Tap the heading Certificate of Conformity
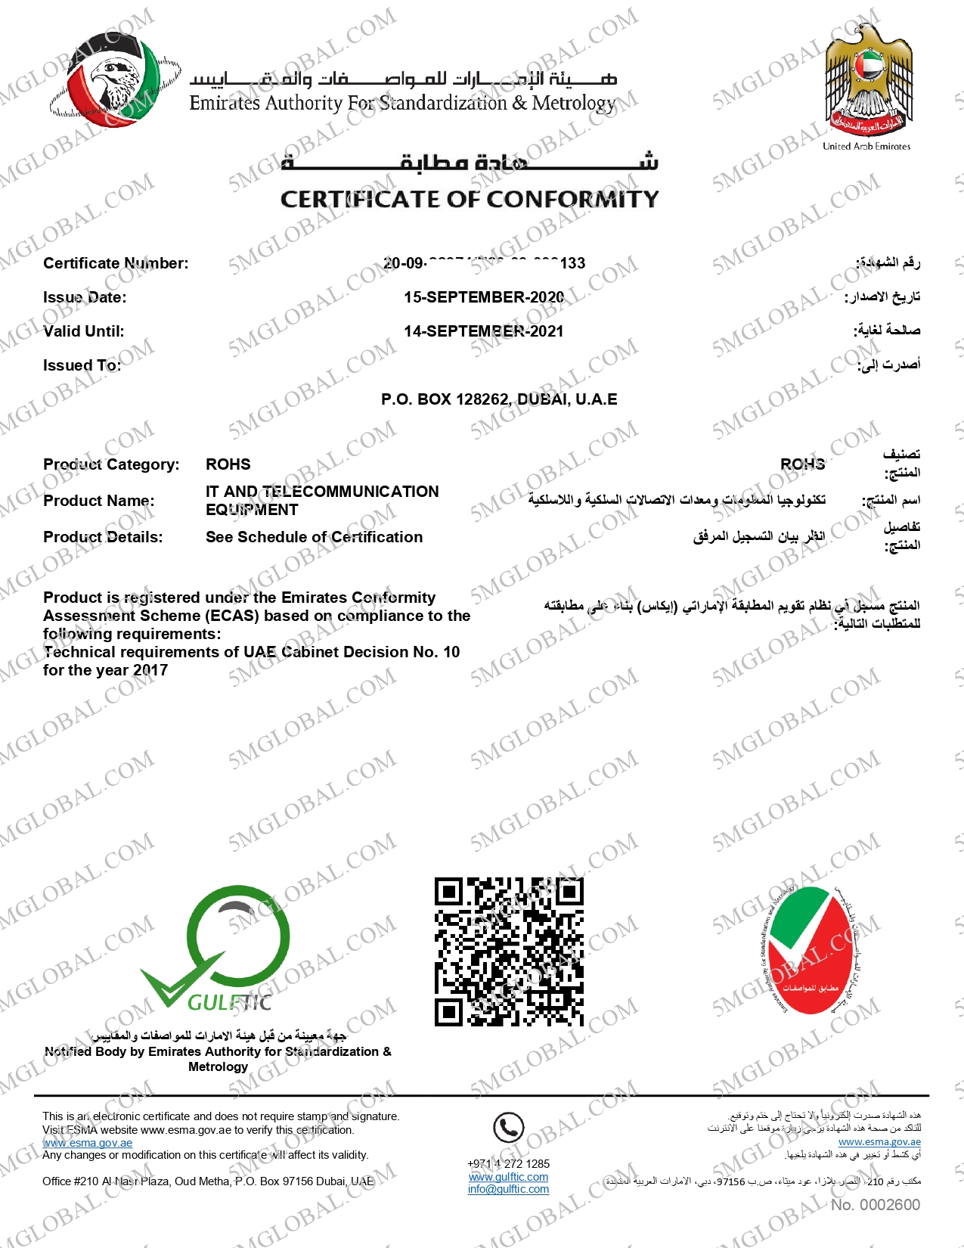[x=470, y=199]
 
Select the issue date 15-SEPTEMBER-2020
[x=484, y=297]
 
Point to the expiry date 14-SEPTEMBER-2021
[x=484, y=331]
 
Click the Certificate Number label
[x=116, y=263]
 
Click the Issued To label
[x=82, y=365]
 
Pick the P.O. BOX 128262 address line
[x=499, y=399]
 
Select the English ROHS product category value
[x=228, y=464]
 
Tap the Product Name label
[x=99, y=501]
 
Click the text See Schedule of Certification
[x=315, y=537]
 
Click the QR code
[x=509, y=952]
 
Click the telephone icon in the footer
[x=509, y=1128]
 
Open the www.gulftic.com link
[x=509, y=1177]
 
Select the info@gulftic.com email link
[x=509, y=1189]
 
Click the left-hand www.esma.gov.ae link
[x=88, y=1143]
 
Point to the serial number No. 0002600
[x=876, y=1205]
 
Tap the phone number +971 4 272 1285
[x=509, y=1164]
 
